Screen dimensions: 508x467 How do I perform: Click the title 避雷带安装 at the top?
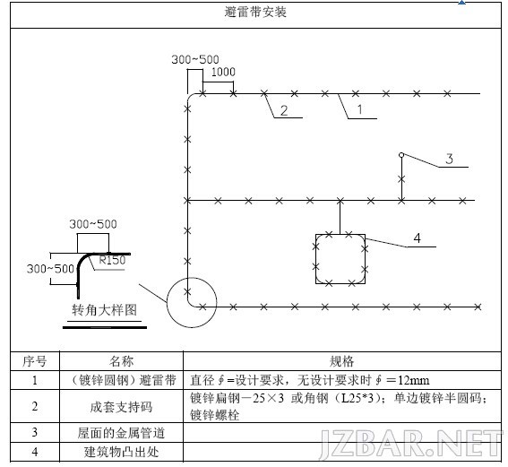(255, 12)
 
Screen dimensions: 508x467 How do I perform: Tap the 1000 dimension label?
(223, 72)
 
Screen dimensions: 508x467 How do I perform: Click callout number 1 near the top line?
(359, 109)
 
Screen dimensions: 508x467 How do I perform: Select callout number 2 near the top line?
(284, 110)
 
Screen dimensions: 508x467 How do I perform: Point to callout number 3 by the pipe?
(449, 159)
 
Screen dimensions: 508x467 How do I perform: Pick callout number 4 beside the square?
(417, 238)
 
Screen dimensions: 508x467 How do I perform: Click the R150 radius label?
(112, 260)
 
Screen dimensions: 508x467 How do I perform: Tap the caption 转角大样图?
(104, 310)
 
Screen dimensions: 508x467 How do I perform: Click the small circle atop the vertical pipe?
(401, 155)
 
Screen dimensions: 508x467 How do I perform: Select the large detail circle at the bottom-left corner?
(168, 302)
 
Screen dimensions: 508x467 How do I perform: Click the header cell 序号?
(35, 361)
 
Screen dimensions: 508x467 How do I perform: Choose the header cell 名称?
(121, 361)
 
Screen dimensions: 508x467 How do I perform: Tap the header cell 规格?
(341, 361)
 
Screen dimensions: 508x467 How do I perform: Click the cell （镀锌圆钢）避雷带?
(122, 380)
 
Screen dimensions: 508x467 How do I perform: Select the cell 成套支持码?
(121, 407)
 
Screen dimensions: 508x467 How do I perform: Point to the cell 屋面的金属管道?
(121, 433)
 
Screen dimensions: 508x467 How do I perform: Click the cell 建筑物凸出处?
(121, 452)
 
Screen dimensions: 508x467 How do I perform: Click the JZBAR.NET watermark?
(410, 443)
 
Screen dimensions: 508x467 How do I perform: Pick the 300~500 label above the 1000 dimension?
(195, 59)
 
